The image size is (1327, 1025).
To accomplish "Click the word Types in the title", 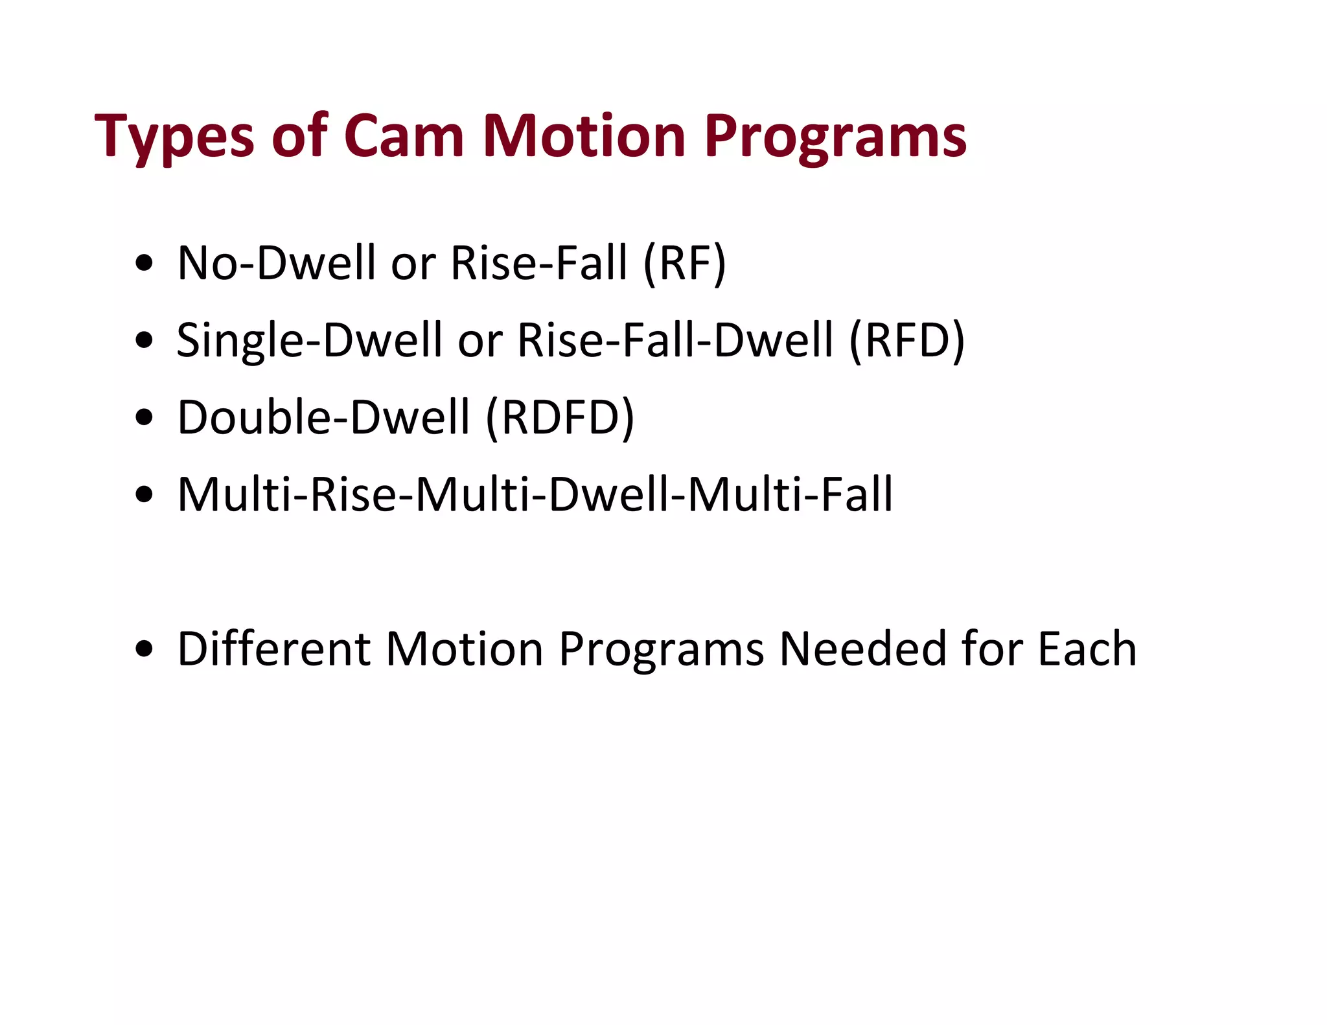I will click(174, 137).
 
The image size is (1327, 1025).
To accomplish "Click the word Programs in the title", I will click(835, 137).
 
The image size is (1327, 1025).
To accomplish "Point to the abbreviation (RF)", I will click(684, 263).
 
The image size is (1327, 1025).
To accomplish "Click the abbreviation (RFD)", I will click(906, 340).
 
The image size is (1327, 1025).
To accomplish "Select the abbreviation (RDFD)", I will click(560, 417).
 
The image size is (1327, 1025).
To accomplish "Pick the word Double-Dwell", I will click(323, 417).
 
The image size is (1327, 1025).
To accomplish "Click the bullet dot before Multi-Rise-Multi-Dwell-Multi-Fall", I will click(144, 495).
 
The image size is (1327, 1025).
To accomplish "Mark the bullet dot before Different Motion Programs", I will click(144, 649).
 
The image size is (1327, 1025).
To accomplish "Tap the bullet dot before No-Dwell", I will click(144, 264).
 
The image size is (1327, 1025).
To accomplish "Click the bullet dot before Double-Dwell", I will click(144, 418).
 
